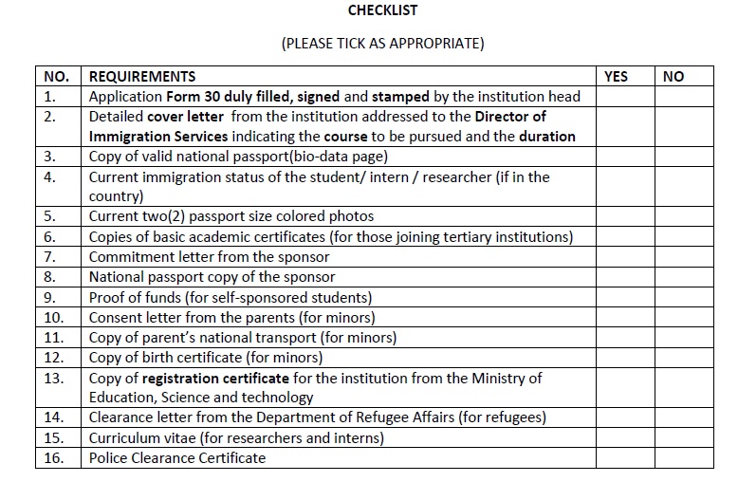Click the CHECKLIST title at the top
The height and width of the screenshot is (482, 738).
tap(382, 11)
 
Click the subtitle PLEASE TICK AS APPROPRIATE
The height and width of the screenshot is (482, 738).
tap(382, 44)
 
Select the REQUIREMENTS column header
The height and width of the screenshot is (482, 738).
tap(142, 77)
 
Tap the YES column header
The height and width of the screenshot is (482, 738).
tap(616, 77)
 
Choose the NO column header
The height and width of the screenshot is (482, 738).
tap(673, 77)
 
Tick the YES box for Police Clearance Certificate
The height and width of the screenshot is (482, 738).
tap(625, 458)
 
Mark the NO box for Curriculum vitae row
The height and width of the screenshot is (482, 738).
tap(689, 438)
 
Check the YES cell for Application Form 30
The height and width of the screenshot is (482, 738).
tap(625, 97)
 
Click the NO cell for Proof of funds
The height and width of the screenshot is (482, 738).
tap(689, 298)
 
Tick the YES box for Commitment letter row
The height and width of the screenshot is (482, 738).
tap(625, 257)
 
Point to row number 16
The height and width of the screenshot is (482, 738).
tap(53, 458)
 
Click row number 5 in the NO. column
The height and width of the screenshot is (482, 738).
tap(49, 216)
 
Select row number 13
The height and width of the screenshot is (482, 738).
tap(53, 379)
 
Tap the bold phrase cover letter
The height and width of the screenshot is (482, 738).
tap(186, 117)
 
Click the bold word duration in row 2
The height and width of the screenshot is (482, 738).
tap(546, 137)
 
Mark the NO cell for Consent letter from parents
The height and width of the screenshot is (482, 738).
tap(689, 318)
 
